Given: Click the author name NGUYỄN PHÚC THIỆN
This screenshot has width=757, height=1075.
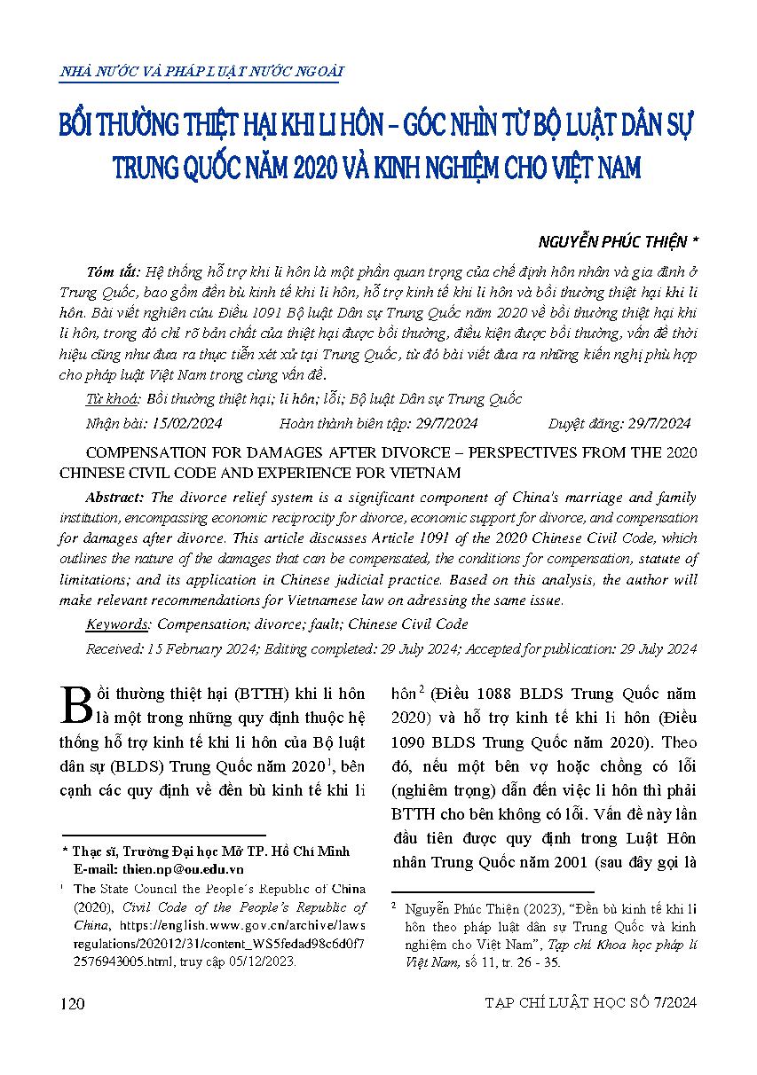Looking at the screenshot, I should click(x=613, y=241).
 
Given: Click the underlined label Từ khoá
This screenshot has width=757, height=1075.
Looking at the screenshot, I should click(x=112, y=398).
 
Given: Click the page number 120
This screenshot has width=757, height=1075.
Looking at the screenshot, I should click(x=71, y=1003).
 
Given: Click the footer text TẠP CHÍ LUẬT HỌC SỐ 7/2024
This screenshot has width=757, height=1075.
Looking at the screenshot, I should click(x=591, y=1003).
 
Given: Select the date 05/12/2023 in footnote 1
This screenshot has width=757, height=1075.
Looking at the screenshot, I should click(x=264, y=961).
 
